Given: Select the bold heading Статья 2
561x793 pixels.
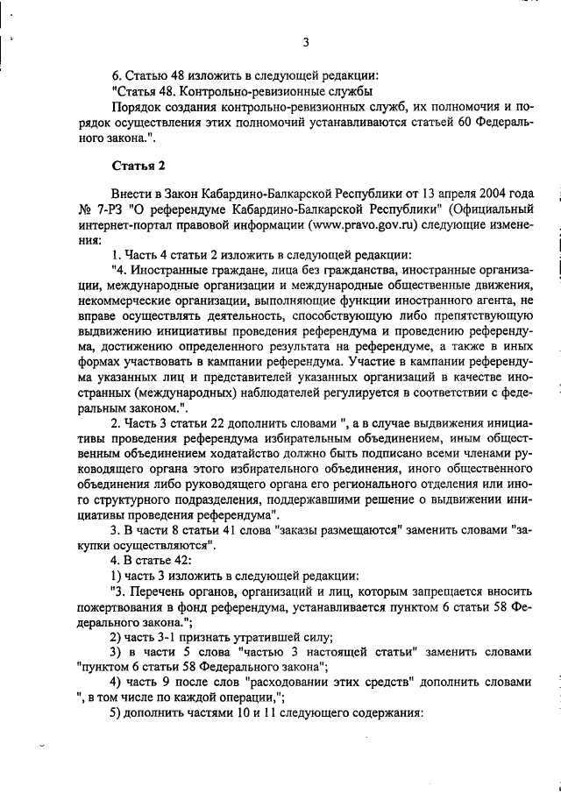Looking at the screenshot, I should [138, 165].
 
